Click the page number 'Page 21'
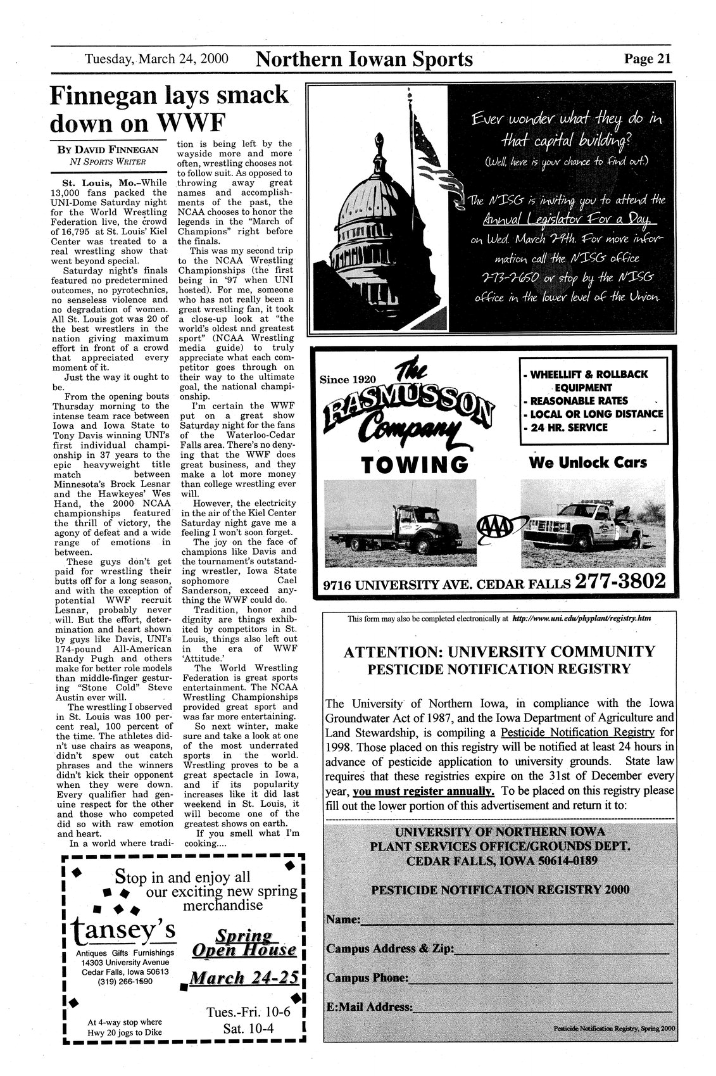pyautogui.click(x=646, y=59)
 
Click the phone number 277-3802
pyautogui.click(x=620, y=581)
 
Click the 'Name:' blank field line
pyautogui.click(x=516, y=920)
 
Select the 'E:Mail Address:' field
pyautogui.click(x=541, y=1006)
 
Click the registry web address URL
pyautogui.click(x=582, y=617)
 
